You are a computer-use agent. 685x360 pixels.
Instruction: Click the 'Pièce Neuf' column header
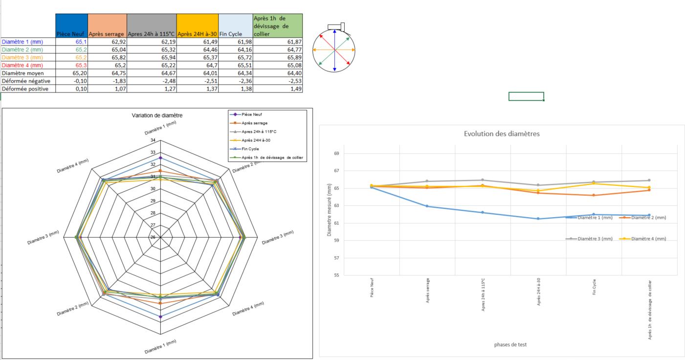(71, 34)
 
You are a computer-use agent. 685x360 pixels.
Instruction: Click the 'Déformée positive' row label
(25, 89)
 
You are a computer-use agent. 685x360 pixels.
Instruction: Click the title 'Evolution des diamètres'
(502, 134)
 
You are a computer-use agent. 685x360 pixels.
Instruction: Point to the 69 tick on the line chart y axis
(337, 154)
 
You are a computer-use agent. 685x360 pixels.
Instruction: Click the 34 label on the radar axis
(153, 140)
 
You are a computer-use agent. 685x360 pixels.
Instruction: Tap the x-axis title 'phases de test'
(510, 344)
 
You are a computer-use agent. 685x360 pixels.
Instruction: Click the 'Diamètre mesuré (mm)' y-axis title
(330, 210)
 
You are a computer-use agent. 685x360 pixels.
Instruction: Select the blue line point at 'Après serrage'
(427, 206)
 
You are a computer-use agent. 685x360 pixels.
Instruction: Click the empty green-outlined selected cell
(526, 96)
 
